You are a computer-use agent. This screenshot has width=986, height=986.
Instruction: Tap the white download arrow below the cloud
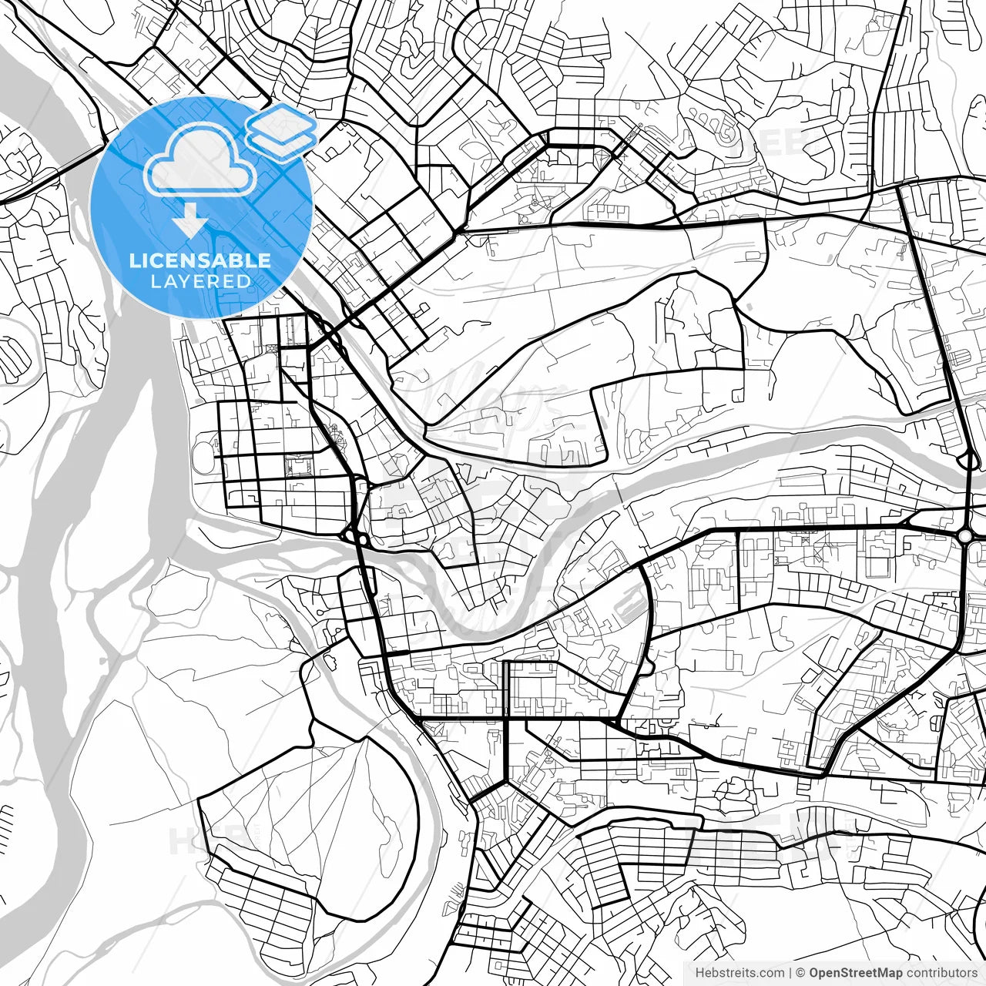(x=189, y=223)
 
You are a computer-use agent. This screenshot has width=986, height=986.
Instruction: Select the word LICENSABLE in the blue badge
(x=200, y=260)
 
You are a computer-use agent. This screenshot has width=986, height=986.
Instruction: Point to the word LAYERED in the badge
(x=200, y=281)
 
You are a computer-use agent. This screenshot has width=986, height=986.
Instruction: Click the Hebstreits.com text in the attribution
(x=739, y=973)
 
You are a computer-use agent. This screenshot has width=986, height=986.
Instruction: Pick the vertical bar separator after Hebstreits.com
(x=790, y=973)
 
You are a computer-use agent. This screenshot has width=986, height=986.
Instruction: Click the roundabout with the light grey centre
(x=965, y=535)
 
